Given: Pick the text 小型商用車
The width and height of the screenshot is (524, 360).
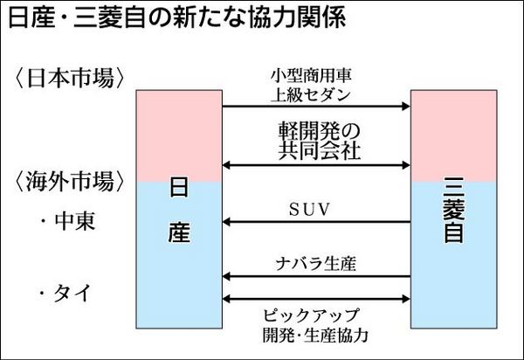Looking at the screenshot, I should coord(316,74).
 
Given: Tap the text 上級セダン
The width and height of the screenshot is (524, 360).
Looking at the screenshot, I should coord(316,92).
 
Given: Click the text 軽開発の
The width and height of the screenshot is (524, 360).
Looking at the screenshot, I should coord(316,129).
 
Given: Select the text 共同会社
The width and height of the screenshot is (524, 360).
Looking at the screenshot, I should coord(316,149).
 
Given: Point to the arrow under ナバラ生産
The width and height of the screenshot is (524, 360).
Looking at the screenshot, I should coord(316,276).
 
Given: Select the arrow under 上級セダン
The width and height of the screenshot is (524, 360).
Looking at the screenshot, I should coord(316,107).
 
